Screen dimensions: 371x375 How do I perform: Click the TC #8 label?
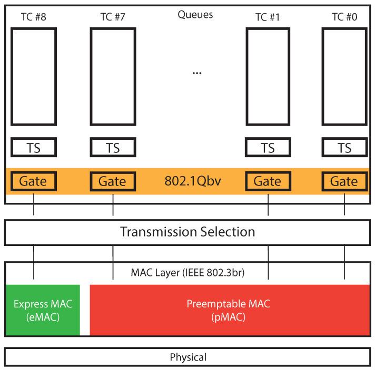34,16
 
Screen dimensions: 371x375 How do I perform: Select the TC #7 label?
113,16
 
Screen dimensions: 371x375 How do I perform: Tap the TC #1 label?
268,16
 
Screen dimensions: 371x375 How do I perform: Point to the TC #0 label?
344,16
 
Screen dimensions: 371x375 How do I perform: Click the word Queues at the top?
195,15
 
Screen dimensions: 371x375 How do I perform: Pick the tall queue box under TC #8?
34,77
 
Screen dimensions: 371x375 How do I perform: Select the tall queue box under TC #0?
344,77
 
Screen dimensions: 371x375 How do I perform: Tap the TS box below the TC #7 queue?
113,148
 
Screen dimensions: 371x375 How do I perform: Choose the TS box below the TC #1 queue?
268,148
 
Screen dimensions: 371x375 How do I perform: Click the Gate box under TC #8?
34,181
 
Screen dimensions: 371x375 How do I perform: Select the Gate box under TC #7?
113,181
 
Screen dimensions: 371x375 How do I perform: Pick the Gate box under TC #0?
344,181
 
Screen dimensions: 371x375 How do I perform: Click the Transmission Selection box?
187,232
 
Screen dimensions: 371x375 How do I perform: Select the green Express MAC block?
42,310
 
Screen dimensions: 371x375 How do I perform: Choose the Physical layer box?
187,358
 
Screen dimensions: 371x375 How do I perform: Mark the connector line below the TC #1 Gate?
268,205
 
